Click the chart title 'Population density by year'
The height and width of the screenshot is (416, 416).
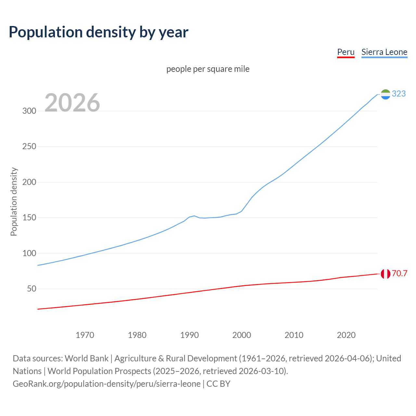98,32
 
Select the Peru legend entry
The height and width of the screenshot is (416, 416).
345,52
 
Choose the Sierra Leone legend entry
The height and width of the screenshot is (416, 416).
384,52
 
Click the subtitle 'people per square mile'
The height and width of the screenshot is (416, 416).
208,69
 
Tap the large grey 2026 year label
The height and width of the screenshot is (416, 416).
72,103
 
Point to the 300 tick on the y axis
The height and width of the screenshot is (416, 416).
29,111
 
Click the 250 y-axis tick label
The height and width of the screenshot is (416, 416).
29,146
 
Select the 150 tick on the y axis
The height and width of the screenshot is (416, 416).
29,217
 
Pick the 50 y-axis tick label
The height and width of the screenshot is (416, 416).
32,289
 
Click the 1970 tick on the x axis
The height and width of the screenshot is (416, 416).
85,335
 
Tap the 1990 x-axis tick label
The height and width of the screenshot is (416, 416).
189,335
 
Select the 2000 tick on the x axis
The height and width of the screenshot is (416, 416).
241,335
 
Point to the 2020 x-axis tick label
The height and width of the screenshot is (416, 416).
346,335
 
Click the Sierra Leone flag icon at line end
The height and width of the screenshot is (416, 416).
385,94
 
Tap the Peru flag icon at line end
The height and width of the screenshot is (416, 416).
385,274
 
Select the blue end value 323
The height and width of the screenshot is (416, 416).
399,94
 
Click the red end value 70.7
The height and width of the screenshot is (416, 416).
399,273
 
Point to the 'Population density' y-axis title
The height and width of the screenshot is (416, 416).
14,201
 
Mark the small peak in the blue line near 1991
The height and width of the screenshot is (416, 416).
194,216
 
